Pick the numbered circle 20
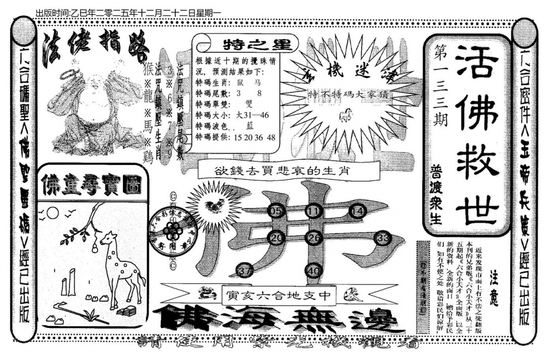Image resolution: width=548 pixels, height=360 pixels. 277,238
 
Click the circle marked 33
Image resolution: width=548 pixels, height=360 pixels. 384,238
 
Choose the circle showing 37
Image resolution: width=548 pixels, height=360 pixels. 245,271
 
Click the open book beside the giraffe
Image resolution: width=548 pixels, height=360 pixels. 129,311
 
